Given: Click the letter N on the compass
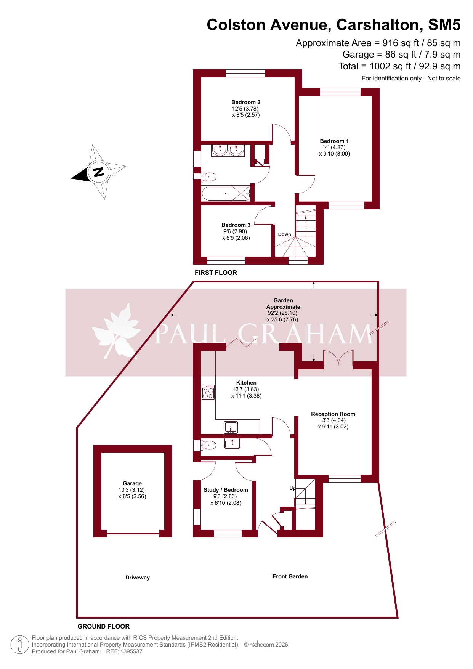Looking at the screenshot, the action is tap(99, 172).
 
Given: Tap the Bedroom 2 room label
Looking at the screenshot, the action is tap(246, 102).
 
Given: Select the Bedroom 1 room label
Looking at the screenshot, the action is tap(334, 141).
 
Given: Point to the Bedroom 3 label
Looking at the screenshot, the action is tap(236, 225).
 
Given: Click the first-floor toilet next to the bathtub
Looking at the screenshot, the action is tap(208, 177).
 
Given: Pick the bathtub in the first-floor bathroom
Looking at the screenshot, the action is tap(226, 194).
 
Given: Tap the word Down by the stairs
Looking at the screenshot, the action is tap(284, 234).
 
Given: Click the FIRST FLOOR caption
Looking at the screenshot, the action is tap(216, 273).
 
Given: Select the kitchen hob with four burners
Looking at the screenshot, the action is tap(208, 392).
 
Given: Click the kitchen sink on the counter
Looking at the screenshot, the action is tap(231, 427).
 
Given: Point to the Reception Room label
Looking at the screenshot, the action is tap(333, 414).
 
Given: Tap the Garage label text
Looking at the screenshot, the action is tap(132, 483).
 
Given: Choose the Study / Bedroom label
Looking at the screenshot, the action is tap(226, 490).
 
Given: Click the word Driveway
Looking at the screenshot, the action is tap(138, 578).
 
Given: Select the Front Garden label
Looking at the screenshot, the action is tap(290, 576).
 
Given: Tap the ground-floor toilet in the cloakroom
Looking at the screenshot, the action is tap(208, 445).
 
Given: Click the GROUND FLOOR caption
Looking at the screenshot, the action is tap(104, 626).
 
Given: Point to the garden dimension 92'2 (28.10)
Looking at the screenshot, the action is tap(282, 313).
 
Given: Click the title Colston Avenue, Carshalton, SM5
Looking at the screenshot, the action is tap(334, 25).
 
